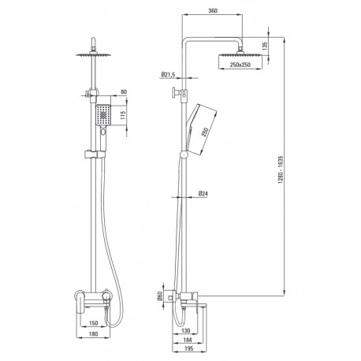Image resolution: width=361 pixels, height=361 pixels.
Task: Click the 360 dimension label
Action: coord(213,11)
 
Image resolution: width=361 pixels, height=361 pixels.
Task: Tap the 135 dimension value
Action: coord(265,46)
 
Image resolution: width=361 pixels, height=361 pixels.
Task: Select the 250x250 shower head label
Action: coord(240,65)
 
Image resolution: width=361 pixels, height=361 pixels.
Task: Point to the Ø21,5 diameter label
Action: coord(168,75)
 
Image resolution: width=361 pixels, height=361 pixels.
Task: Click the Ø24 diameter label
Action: coord(203,194)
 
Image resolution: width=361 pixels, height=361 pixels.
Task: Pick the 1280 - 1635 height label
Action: coord(281,169)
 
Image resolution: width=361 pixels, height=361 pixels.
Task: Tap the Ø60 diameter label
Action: coord(160,297)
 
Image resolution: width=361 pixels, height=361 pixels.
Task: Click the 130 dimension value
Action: coord(185,330)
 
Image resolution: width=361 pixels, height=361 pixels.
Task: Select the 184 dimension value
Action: coord(188,340)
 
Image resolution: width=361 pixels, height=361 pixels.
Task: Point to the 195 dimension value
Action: coord(188,348)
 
